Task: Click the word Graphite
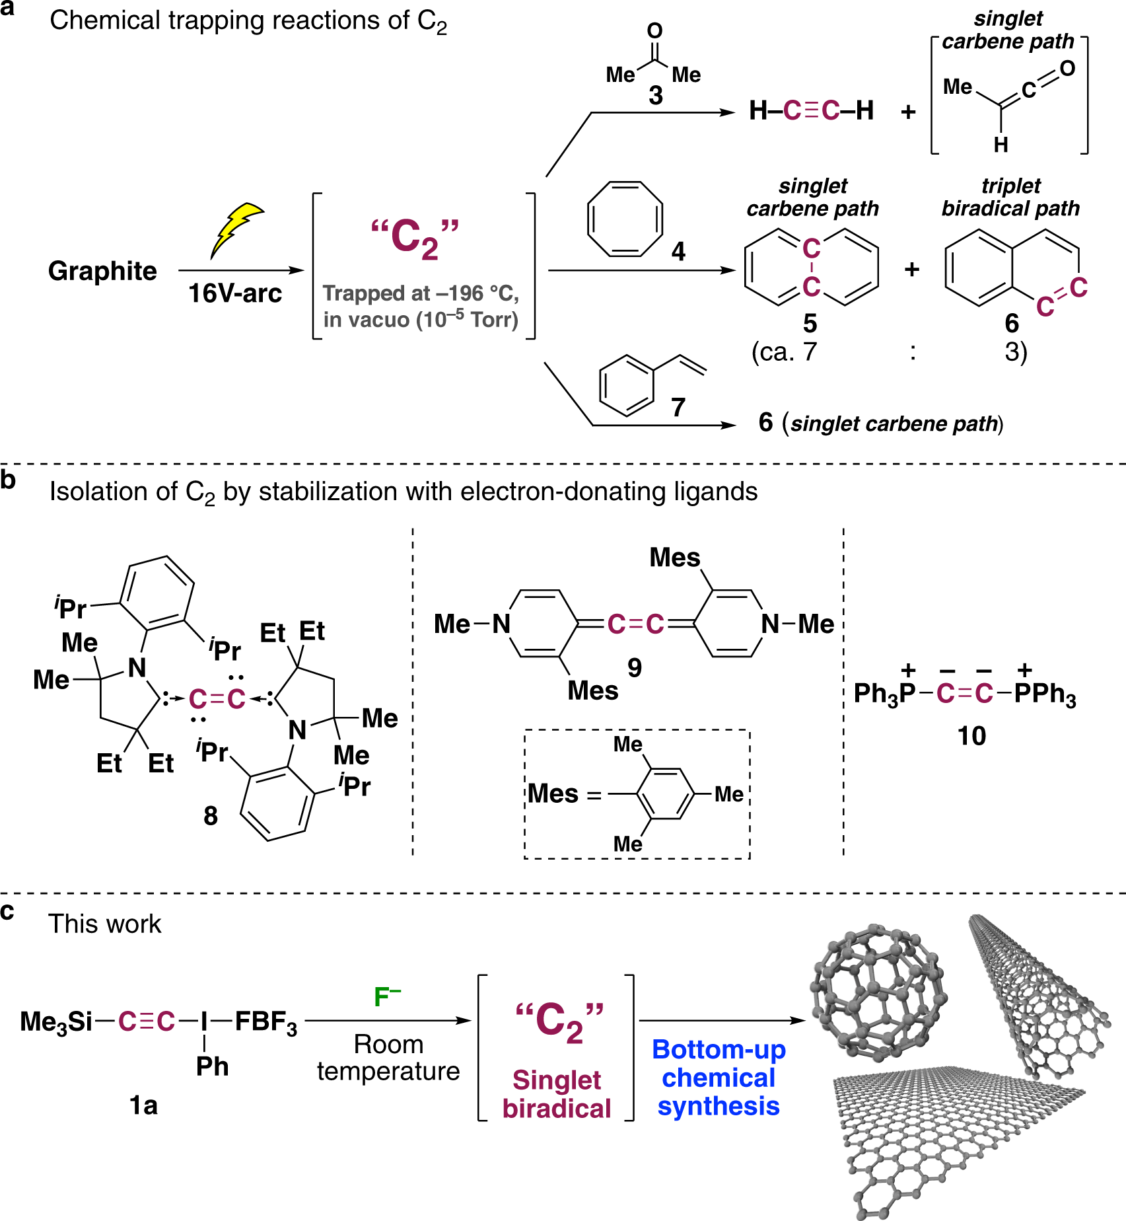tap(102, 271)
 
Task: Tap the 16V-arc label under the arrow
tap(235, 293)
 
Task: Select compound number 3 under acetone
tap(655, 96)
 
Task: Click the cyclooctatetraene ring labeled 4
tap(625, 219)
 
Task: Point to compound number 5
tap(810, 323)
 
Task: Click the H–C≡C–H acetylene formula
tap(811, 110)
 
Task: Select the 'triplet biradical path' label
tap(1010, 197)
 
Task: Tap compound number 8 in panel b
tap(210, 816)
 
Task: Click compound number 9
tap(635, 668)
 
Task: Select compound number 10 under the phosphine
tap(971, 736)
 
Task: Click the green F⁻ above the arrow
tap(387, 997)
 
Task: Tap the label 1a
tap(143, 1105)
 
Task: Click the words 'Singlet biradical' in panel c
tap(557, 1094)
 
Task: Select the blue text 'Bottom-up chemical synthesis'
tap(719, 1078)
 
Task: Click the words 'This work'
tap(104, 924)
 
